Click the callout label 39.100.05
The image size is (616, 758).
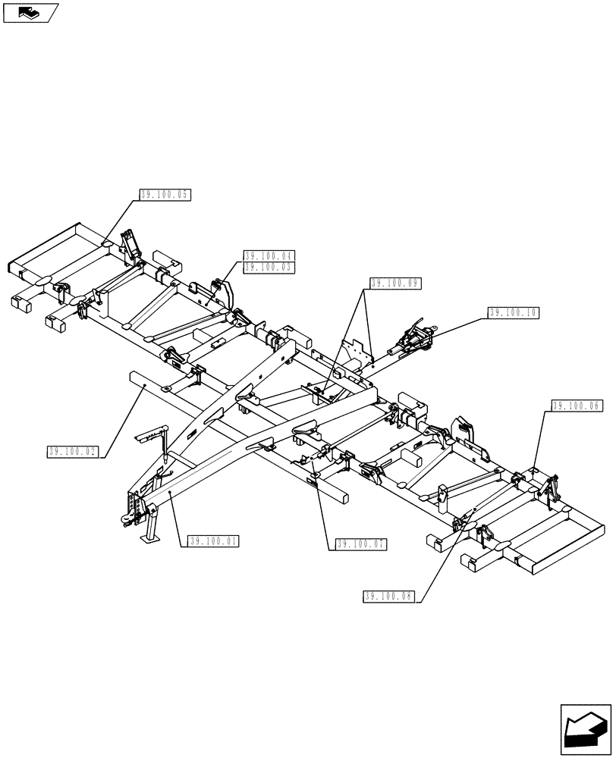click(x=164, y=195)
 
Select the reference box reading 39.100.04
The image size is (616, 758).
click(x=269, y=256)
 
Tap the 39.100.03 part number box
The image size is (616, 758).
click(x=269, y=267)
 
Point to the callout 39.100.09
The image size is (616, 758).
click(x=395, y=283)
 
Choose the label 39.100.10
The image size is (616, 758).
click(x=514, y=312)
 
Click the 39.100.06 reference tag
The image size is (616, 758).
click(x=577, y=406)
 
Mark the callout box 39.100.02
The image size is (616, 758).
click(x=73, y=452)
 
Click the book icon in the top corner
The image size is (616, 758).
click(x=30, y=12)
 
